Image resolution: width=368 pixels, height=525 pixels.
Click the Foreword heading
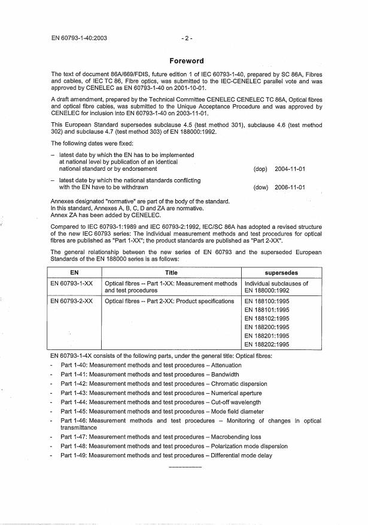pyautogui.click(x=187, y=61)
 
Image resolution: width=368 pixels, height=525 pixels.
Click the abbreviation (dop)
pyautogui.click(x=261, y=170)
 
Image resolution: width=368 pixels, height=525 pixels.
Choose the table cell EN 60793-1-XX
pyautogui.click(x=71, y=282)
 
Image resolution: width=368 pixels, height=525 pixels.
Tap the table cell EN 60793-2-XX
pyautogui.click(x=71, y=301)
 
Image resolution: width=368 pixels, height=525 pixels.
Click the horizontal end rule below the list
pyautogui.click(x=187, y=466)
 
